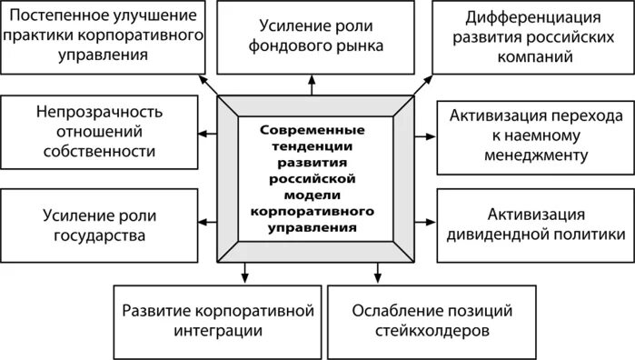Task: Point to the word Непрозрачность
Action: point(99,113)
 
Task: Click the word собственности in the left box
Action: point(99,151)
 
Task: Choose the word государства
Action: point(99,235)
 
